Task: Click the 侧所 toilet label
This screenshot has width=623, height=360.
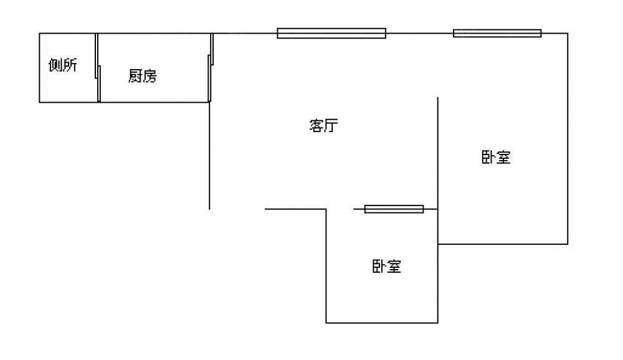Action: point(63,65)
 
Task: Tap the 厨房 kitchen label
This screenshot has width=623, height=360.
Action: point(142,76)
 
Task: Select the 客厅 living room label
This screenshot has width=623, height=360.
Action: point(323,126)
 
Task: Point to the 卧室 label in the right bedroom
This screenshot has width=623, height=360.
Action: point(496,158)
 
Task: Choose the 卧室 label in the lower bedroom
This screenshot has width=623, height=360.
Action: point(387,267)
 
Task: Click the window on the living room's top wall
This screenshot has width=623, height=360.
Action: point(331,33)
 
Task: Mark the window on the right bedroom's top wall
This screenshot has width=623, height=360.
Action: point(497,33)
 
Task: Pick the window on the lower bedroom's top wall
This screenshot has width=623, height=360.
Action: point(394,209)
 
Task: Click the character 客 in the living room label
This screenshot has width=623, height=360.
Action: point(316,126)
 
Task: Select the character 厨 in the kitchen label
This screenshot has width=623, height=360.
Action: point(135,76)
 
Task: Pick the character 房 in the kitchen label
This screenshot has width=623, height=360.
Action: point(150,76)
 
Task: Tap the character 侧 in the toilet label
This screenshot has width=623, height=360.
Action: point(55,65)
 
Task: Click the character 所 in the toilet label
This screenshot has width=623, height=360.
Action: point(70,65)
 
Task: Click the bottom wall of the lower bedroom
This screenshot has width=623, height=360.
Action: point(382,323)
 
